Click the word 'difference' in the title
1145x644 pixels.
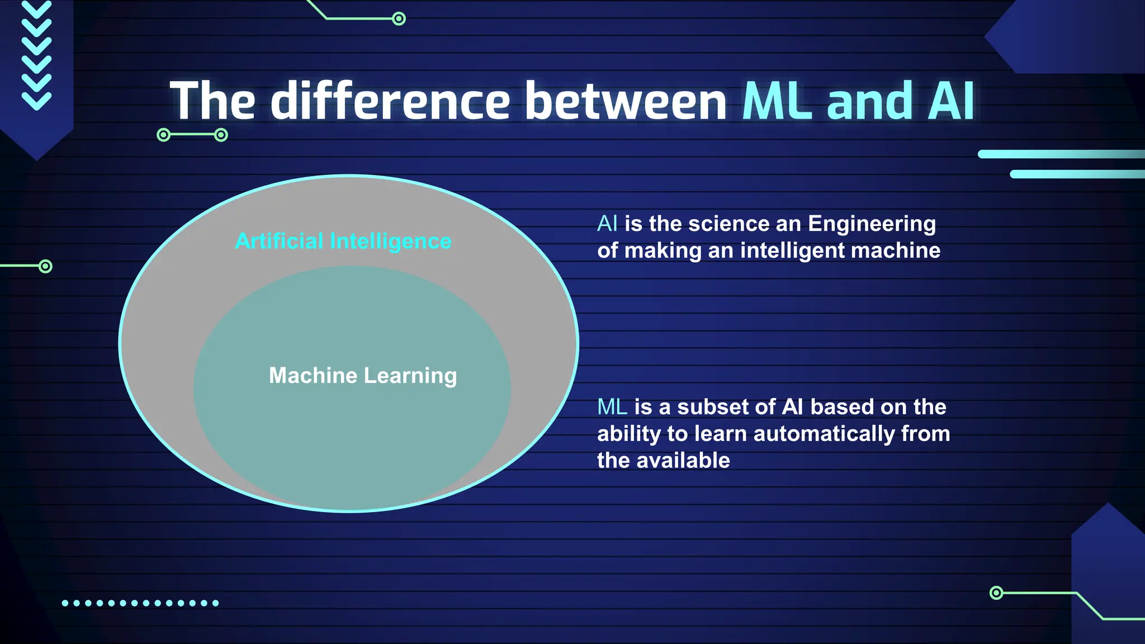click(390, 101)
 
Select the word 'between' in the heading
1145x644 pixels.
click(626, 101)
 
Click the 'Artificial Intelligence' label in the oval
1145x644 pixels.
click(343, 241)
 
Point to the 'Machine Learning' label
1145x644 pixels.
click(363, 376)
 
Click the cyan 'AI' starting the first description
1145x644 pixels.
click(607, 224)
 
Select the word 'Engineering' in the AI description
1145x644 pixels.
click(872, 224)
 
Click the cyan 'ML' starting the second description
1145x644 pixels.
click(612, 407)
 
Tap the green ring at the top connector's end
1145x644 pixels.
click(399, 19)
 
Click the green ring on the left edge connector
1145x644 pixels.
click(46, 266)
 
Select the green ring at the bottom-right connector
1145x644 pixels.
click(996, 593)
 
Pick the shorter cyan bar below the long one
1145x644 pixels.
click(1076, 174)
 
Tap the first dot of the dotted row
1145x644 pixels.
click(65, 603)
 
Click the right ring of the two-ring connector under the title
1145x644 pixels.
click(221, 135)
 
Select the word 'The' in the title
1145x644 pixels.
click(212, 101)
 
